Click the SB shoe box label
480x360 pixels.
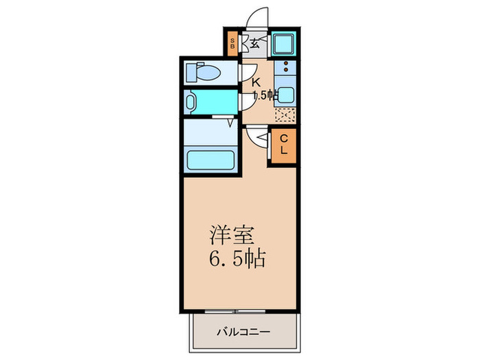tap(233, 45)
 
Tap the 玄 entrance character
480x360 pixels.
tap(254, 44)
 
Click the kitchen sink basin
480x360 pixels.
tap(285, 96)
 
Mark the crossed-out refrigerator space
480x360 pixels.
tap(284, 115)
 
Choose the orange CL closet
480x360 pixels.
tap(283, 145)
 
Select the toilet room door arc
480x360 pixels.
tap(248, 73)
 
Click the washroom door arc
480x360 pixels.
tap(247, 103)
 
